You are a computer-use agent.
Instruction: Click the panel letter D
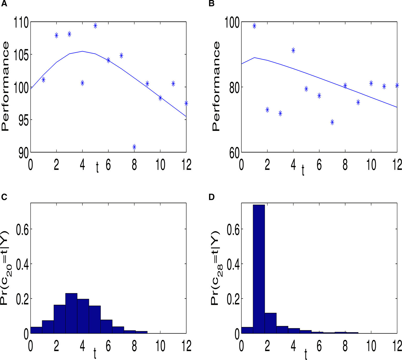pyautogui.click(x=212, y=197)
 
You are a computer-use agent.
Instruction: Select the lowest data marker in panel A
pyautogui.click(x=134, y=147)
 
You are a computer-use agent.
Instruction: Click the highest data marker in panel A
pyautogui.click(x=96, y=25)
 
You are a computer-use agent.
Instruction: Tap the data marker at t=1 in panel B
pyautogui.click(x=254, y=26)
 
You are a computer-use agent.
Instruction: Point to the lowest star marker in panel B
pyautogui.click(x=332, y=122)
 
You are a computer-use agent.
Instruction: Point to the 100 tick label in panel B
pyautogui.click(x=232, y=23)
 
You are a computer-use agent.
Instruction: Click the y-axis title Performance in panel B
pyautogui.click(x=216, y=86)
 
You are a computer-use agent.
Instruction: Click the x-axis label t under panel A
pyautogui.click(x=97, y=168)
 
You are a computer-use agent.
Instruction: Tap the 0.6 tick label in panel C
pyautogui.click(x=22, y=229)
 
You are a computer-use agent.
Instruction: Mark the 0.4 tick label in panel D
pyautogui.click(x=233, y=264)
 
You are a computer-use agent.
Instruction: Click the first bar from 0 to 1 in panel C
pyautogui.click(x=36, y=330)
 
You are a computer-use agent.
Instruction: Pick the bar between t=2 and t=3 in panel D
pyautogui.click(x=270, y=323)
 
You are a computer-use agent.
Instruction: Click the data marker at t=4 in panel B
pyautogui.click(x=293, y=50)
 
